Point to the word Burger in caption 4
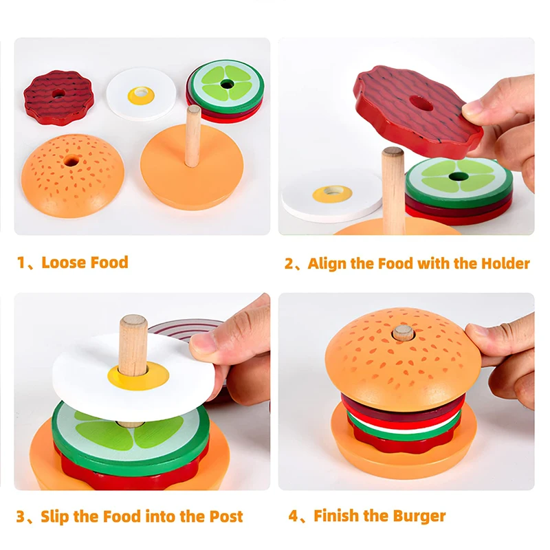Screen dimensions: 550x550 coord(419,516)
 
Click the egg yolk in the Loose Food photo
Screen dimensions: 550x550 coord(141,96)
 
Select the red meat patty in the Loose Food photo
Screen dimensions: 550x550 coord(58,96)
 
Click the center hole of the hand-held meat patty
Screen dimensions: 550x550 coord(420,104)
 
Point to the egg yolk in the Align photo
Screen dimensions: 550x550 coord(332,194)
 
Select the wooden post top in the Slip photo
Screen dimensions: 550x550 coord(133,323)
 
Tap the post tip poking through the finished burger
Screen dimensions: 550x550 coord(403,333)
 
